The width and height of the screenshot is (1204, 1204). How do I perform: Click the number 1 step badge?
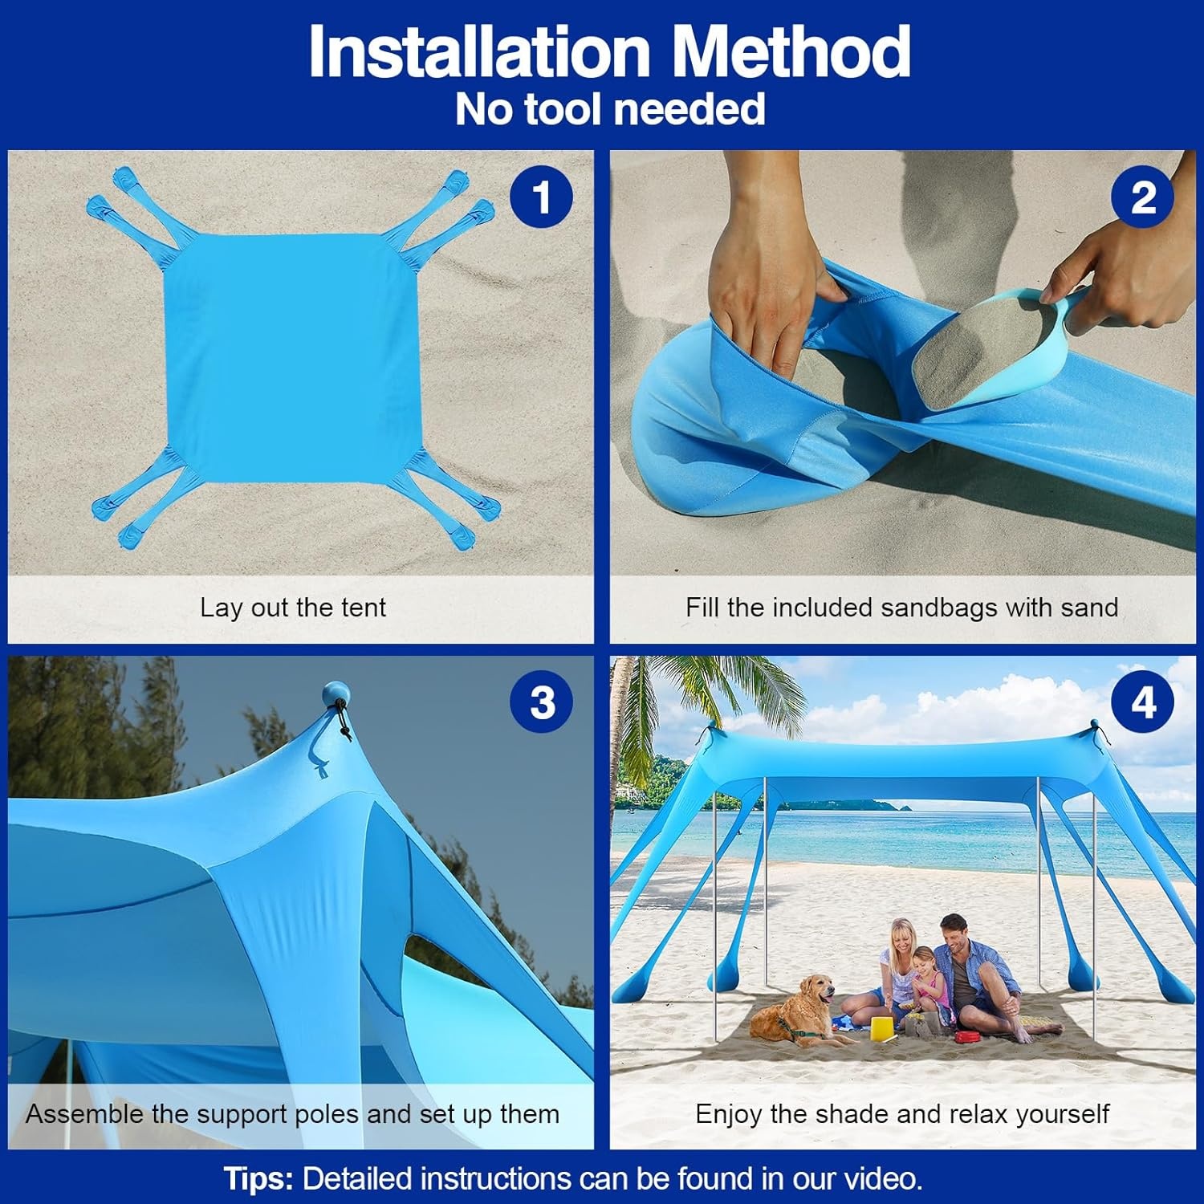click(x=542, y=197)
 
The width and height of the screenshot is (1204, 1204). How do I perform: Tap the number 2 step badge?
click(x=1142, y=197)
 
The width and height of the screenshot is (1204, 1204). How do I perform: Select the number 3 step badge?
click(x=542, y=702)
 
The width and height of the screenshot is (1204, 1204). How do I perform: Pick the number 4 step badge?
click(x=1142, y=702)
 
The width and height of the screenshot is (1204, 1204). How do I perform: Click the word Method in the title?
click(x=790, y=51)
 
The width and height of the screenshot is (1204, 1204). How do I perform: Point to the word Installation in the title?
click(x=479, y=51)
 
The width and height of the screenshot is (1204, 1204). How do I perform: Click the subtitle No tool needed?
click(x=610, y=109)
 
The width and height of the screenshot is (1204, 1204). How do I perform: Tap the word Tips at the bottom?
click(x=258, y=1178)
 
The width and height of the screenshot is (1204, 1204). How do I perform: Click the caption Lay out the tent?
click(x=293, y=608)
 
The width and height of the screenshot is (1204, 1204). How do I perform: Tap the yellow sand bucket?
click(x=881, y=1027)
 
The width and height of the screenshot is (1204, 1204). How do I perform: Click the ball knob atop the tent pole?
click(x=336, y=694)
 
